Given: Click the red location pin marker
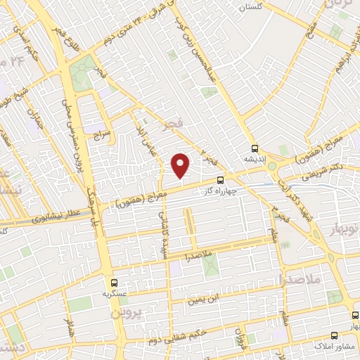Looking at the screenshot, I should [x=181, y=165].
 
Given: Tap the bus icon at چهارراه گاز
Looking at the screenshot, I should [x=221, y=180].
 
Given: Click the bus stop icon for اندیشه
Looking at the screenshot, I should [x=255, y=148].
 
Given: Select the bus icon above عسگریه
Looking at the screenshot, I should [x=113, y=281].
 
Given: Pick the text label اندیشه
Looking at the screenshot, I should [x=257, y=160].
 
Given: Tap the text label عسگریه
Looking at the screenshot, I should [x=113, y=292].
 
